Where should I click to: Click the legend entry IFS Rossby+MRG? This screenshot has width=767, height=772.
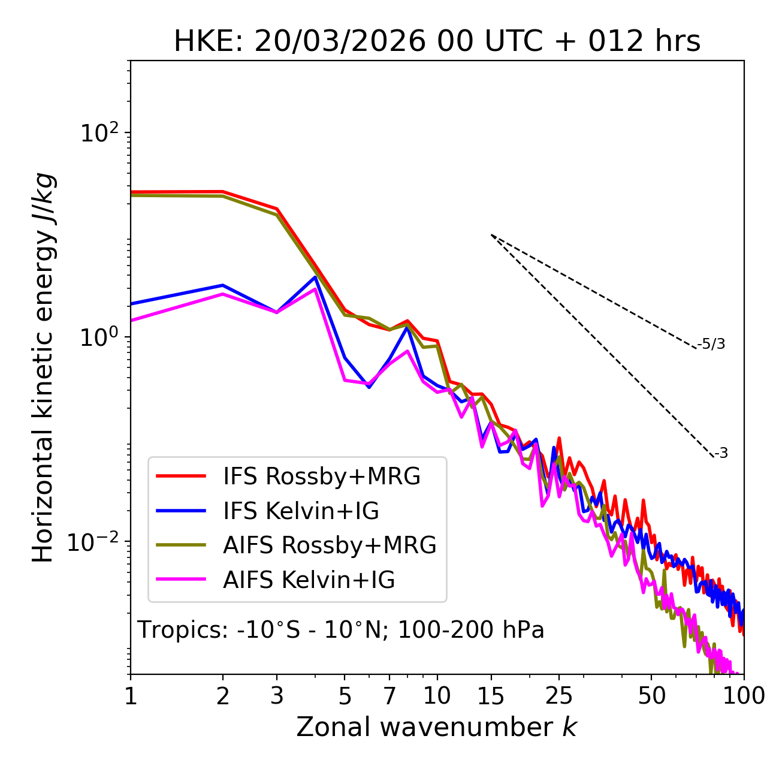[x=321, y=477]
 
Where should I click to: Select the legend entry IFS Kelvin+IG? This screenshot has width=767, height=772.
[x=301, y=511]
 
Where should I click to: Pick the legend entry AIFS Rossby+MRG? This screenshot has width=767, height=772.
[x=330, y=545]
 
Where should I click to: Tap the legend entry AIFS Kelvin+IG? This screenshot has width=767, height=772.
[x=309, y=580]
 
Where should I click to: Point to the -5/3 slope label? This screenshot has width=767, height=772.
[x=711, y=344]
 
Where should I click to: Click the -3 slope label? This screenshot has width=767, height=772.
[x=721, y=454]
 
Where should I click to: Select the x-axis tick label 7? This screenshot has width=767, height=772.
[x=389, y=696]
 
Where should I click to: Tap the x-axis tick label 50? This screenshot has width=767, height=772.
[x=651, y=696]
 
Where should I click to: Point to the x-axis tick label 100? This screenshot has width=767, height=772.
[x=743, y=696]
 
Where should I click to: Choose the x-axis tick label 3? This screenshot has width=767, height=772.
[x=277, y=696]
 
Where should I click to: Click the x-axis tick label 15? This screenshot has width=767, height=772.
[x=491, y=696]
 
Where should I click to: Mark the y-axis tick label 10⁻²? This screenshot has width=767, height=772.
[x=95, y=541]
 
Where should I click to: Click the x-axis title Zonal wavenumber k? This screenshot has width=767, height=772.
[x=437, y=727]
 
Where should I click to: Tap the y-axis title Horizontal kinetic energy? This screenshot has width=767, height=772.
[x=44, y=367]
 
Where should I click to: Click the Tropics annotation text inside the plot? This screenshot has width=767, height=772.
[x=341, y=630]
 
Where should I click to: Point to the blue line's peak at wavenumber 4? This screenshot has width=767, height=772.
[x=315, y=277]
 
